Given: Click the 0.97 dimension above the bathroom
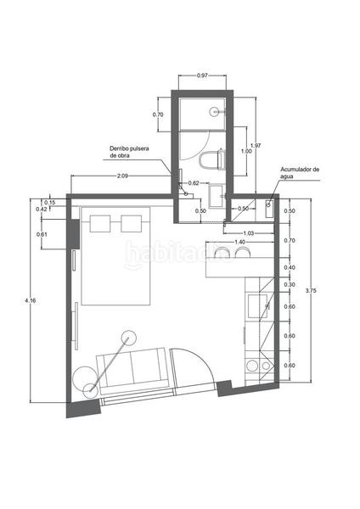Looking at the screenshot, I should coord(202,76).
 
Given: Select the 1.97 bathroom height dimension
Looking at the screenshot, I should coord(256,145).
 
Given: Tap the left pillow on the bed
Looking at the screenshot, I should coord(101,223).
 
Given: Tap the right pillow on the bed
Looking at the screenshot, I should coord(131,223).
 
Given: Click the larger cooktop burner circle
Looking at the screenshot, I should coord(251,366).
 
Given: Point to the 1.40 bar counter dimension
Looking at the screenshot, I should coord(240,243).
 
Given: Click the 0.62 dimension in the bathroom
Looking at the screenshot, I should coord(194,182).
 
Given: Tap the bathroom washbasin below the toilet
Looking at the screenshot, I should coord(216,193).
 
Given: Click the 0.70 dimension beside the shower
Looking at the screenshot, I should coord(158,114).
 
